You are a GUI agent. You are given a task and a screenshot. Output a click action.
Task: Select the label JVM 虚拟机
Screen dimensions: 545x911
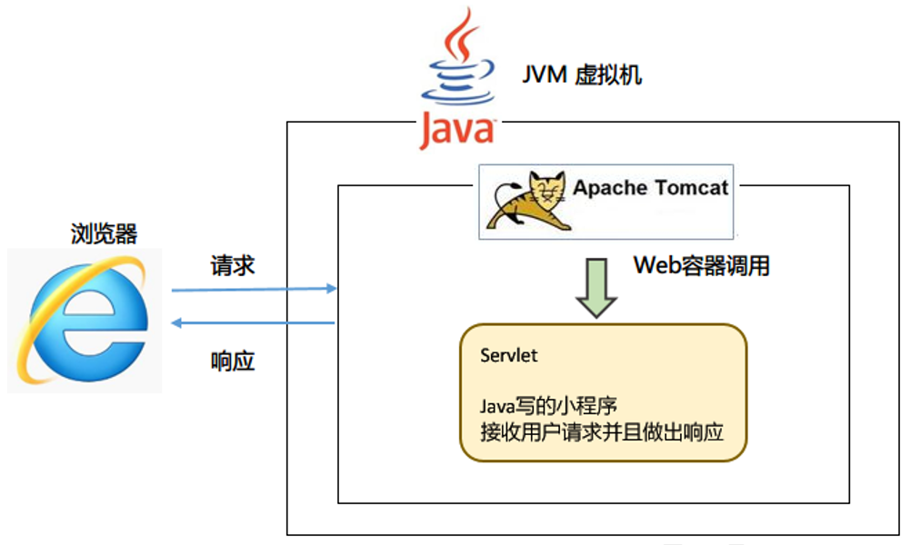581,74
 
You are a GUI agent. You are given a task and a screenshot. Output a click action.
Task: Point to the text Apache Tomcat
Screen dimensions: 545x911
650,188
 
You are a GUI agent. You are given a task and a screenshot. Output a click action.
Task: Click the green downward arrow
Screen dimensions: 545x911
597,287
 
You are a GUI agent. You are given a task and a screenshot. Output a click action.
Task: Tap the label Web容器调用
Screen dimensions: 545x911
701,265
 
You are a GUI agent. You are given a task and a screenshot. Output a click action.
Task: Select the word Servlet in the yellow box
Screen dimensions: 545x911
508,355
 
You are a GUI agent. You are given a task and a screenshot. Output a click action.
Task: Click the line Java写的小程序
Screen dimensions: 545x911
542,405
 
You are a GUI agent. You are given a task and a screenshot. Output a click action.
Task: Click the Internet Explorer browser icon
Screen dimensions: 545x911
85,321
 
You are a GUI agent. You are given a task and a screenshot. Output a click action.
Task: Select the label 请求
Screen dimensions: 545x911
233,265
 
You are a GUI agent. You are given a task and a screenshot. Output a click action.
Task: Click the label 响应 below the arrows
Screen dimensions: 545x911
233,361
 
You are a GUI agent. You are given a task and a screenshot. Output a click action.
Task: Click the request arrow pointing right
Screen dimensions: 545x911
255,290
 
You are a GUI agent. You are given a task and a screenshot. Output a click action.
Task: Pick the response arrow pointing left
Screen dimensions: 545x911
255,322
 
